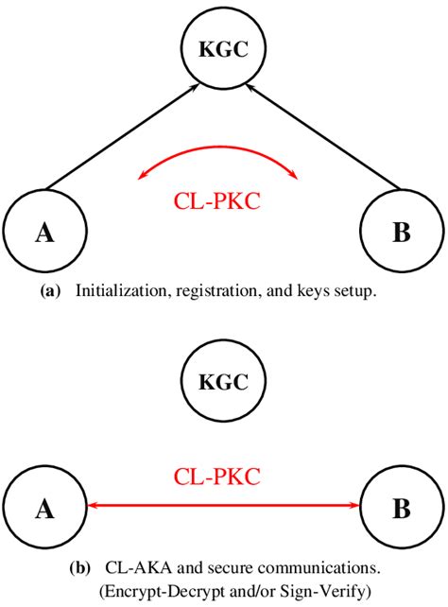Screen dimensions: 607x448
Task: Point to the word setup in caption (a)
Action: pyautogui.click(x=354, y=293)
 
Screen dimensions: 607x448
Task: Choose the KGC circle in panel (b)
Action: pyautogui.click(x=223, y=383)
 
